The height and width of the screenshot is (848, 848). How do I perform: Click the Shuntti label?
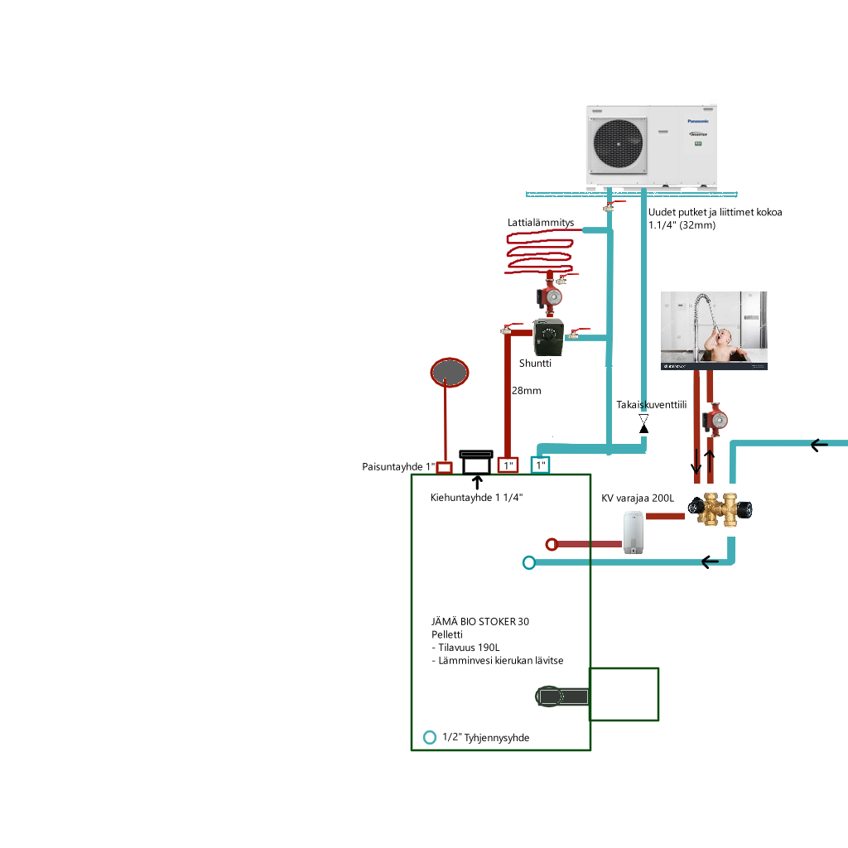(x=535, y=363)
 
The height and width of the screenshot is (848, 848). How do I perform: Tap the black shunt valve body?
(x=547, y=335)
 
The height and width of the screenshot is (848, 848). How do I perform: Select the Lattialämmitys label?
(x=541, y=223)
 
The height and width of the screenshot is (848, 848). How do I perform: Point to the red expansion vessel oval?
(x=449, y=373)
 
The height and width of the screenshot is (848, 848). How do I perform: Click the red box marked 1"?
(x=508, y=465)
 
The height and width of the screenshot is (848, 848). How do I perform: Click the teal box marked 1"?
(x=540, y=465)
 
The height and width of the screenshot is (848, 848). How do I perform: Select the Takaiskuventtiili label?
(x=652, y=405)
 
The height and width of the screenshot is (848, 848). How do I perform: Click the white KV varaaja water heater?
(x=634, y=532)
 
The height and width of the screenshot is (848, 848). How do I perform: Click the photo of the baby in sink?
(x=715, y=330)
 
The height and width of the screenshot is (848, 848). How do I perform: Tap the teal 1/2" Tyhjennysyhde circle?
(x=429, y=737)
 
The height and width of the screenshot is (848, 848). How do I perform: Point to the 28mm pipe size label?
(x=526, y=390)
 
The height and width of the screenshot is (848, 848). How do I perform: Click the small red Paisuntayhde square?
(x=444, y=468)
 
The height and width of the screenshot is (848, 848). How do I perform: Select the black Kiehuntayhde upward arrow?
(x=476, y=483)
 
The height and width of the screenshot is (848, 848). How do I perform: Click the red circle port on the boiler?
(x=552, y=544)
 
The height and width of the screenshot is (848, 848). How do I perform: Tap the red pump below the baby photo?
(x=715, y=420)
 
